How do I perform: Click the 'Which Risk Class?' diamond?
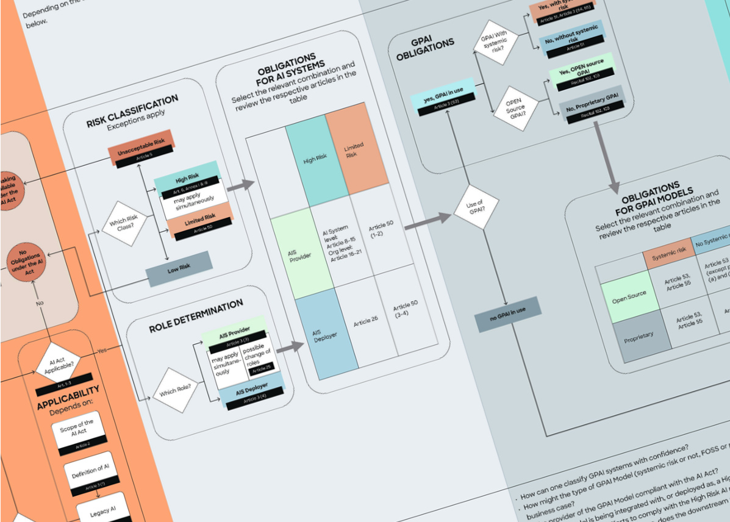pyautogui.click(x=124, y=223)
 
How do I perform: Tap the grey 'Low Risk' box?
pyautogui.click(x=179, y=266)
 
